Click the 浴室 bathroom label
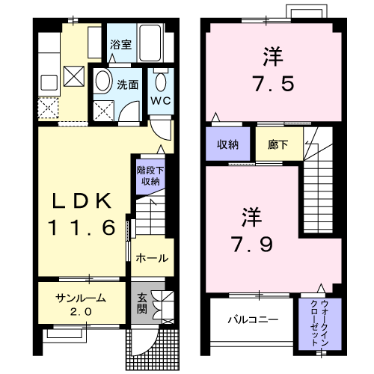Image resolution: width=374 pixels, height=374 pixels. click(x=120, y=43)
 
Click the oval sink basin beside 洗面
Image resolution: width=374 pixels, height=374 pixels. click(x=104, y=82)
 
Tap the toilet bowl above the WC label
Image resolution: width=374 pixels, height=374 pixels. click(x=160, y=80)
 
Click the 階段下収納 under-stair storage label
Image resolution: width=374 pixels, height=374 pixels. click(x=149, y=175)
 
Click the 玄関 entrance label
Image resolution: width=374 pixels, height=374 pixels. click(x=142, y=303)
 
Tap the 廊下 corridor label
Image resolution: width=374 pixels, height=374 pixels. click(x=269, y=145)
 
